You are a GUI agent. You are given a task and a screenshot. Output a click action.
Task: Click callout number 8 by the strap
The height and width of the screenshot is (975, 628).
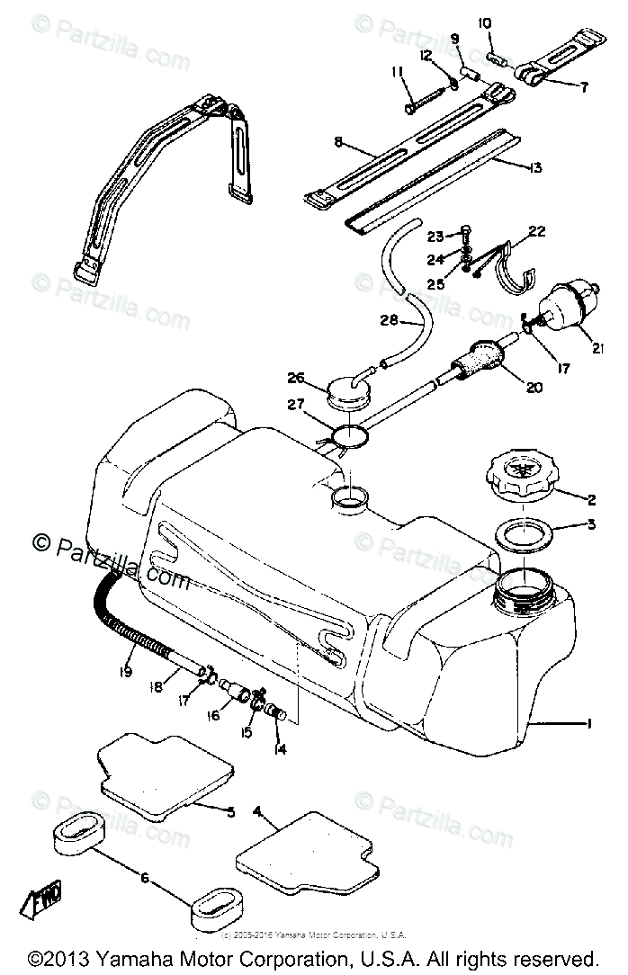coord(338,142)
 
